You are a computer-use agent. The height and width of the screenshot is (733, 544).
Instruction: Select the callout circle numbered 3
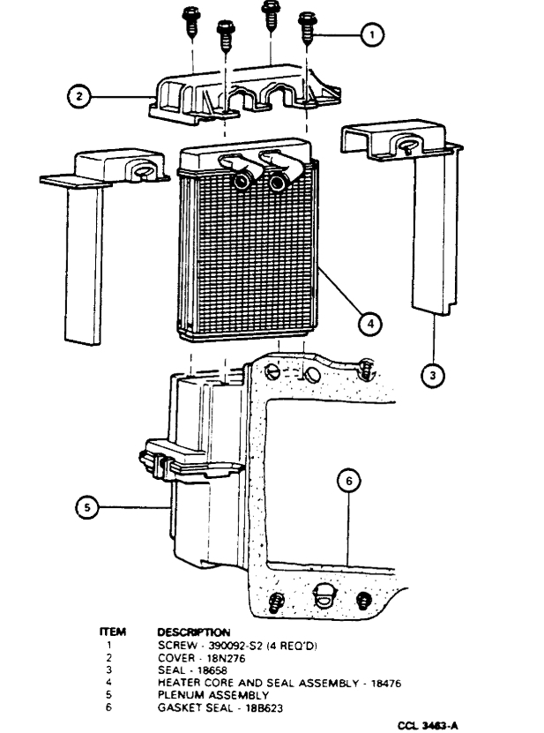tap(431, 375)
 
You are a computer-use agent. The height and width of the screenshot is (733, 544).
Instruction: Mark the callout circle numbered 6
tap(349, 481)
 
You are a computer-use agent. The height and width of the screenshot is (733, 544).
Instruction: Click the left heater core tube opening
tap(240, 182)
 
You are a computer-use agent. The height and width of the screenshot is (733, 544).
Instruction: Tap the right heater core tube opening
tap(279, 183)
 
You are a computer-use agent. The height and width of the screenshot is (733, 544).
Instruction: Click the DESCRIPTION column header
tap(193, 632)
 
